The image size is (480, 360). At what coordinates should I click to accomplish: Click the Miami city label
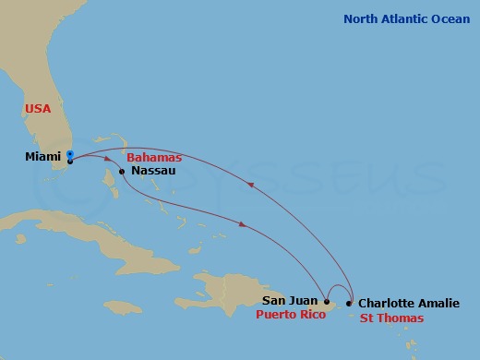click(42, 157)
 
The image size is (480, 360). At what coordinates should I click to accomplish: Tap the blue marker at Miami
click(69, 153)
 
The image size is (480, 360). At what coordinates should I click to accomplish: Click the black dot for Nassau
click(123, 171)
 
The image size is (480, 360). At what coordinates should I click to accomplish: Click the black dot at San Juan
click(327, 301)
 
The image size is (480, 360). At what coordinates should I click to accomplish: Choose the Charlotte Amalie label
click(407, 302)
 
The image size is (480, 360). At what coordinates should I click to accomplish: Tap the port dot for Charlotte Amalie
click(349, 302)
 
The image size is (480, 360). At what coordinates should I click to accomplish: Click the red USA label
click(38, 109)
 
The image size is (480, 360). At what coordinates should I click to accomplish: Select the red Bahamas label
click(154, 158)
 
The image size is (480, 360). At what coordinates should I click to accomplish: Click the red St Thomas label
click(391, 318)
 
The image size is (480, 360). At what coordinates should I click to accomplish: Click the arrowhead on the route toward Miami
click(249, 184)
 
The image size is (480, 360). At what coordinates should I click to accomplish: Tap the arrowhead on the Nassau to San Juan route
click(242, 224)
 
